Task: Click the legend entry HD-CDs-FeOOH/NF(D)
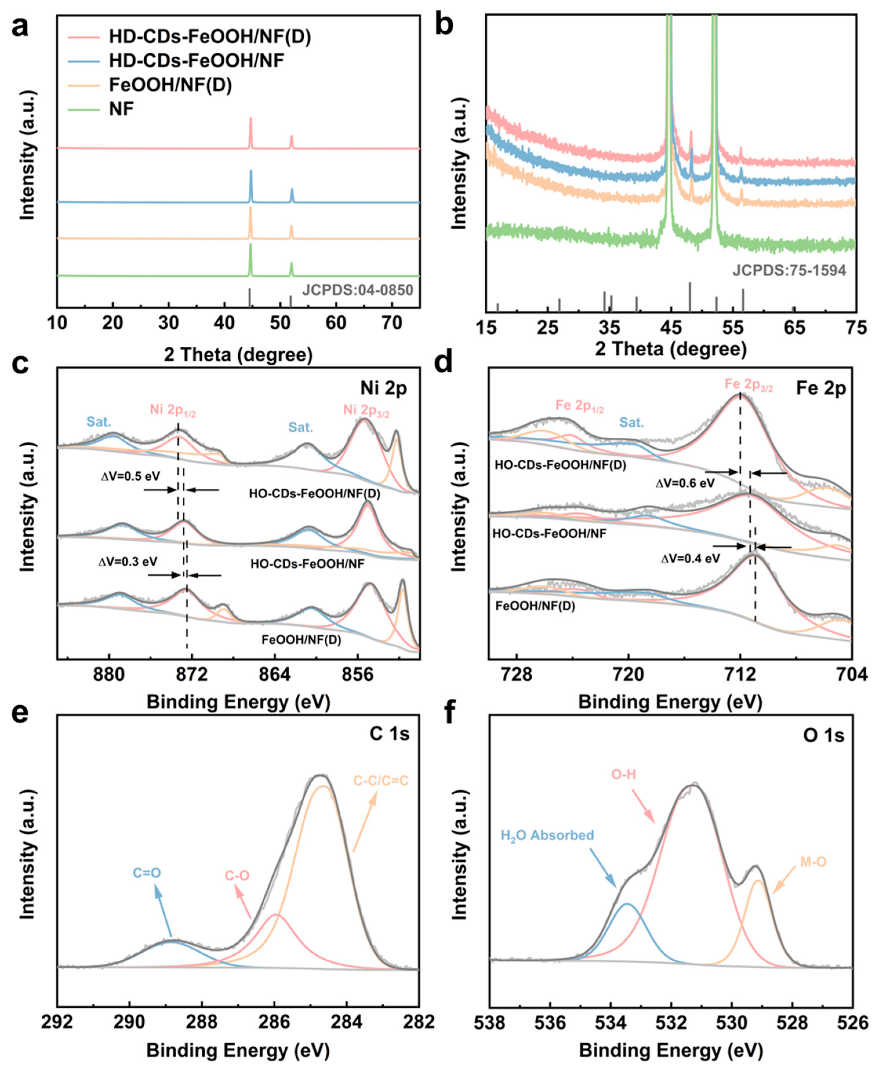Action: pyautogui.click(x=209, y=36)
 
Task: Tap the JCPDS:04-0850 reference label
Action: pyautogui.click(x=358, y=290)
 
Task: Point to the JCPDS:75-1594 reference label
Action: pyautogui.click(x=789, y=271)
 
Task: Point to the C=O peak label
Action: pyautogui.click(x=147, y=872)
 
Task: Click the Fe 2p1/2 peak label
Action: pyautogui.click(x=580, y=406)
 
